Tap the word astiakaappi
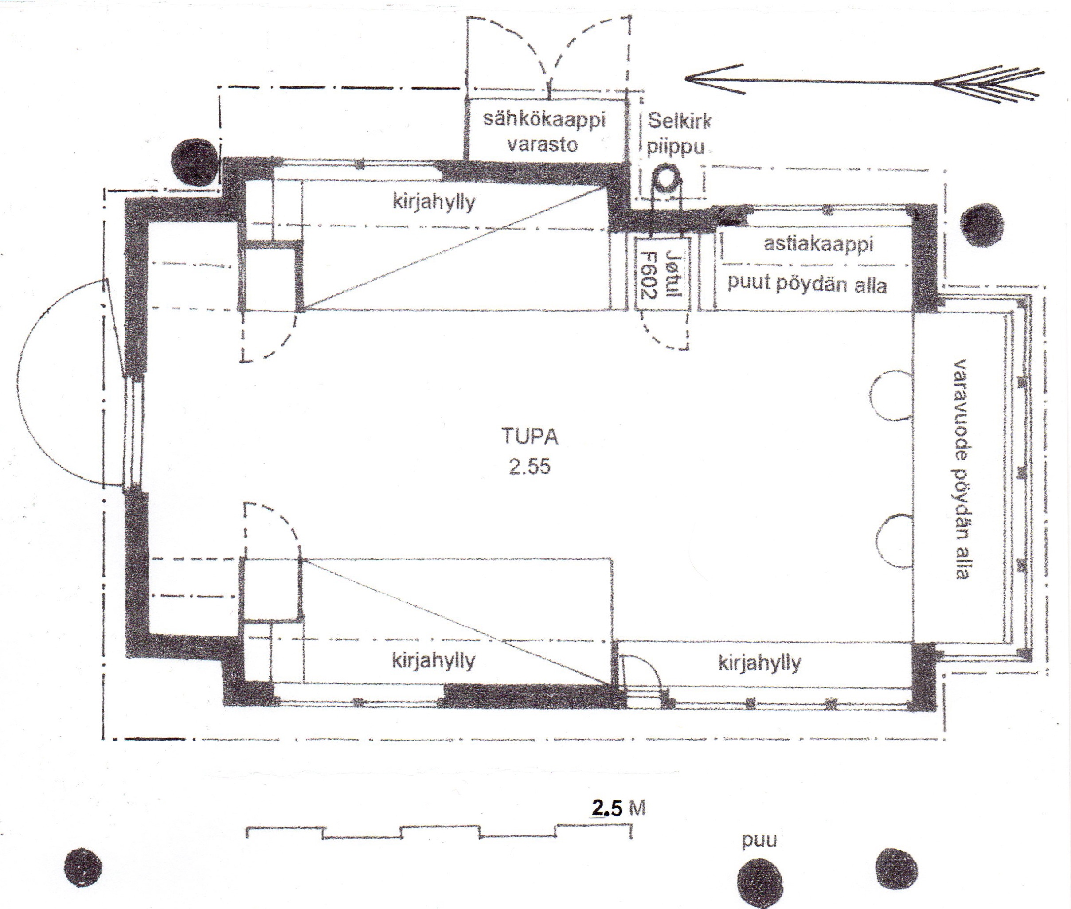click(x=818, y=244)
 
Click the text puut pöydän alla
click(x=807, y=284)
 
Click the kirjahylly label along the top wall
click(x=434, y=202)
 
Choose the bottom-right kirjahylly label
click(x=760, y=663)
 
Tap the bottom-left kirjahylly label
click(x=434, y=661)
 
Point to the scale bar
click(x=439, y=833)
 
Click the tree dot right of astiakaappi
click(x=982, y=225)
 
